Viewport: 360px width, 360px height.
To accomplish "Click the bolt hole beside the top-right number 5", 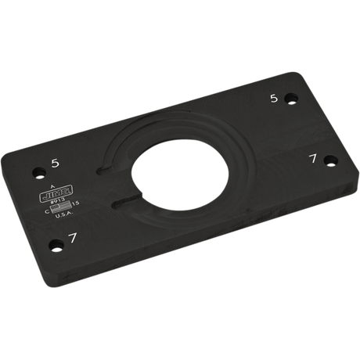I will (290, 99).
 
